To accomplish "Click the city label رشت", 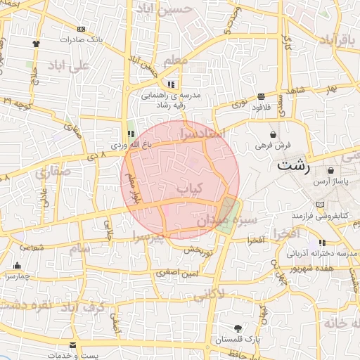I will tap(292, 167).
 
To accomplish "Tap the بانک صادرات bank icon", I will tap(82, 29).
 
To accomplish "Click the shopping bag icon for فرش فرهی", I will tap(273, 134).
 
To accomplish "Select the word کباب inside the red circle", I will tap(189, 188).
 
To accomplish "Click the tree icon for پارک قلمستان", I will tap(238, 328).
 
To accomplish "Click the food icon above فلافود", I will tap(261, 96).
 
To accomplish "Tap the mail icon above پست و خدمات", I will tap(73, 345).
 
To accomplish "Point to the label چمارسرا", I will tap(17, 276).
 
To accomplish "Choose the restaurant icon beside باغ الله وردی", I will tap(130, 133).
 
